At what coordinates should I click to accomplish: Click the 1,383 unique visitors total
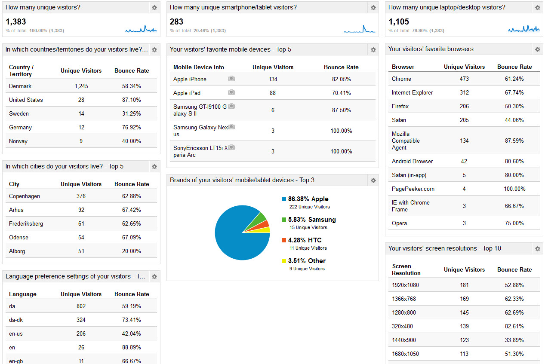[x=16, y=21]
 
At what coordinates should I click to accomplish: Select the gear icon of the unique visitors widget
[x=154, y=8]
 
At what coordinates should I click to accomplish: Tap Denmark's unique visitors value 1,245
[x=81, y=86]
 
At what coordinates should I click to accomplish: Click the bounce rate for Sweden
[x=132, y=113]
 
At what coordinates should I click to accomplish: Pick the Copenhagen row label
[x=25, y=196]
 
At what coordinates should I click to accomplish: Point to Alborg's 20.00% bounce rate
[x=132, y=251]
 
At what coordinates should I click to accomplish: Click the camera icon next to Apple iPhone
[x=231, y=79]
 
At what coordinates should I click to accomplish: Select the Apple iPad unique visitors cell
[x=273, y=93]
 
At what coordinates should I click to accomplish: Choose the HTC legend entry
[x=305, y=240]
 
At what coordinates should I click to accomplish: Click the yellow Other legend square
[x=284, y=261]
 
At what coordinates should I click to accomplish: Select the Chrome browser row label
[x=401, y=79]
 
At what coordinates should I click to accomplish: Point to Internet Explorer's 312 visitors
[x=464, y=92]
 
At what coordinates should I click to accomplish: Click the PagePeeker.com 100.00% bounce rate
[x=514, y=189]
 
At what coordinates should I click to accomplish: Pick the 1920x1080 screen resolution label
[x=405, y=285]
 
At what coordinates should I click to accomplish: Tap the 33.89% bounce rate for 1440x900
[x=514, y=340]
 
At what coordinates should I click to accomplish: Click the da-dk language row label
[x=17, y=320]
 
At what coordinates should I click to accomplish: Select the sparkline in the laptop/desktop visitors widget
[x=523, y=29]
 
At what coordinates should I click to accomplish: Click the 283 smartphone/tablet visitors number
[x=176, y=21]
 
